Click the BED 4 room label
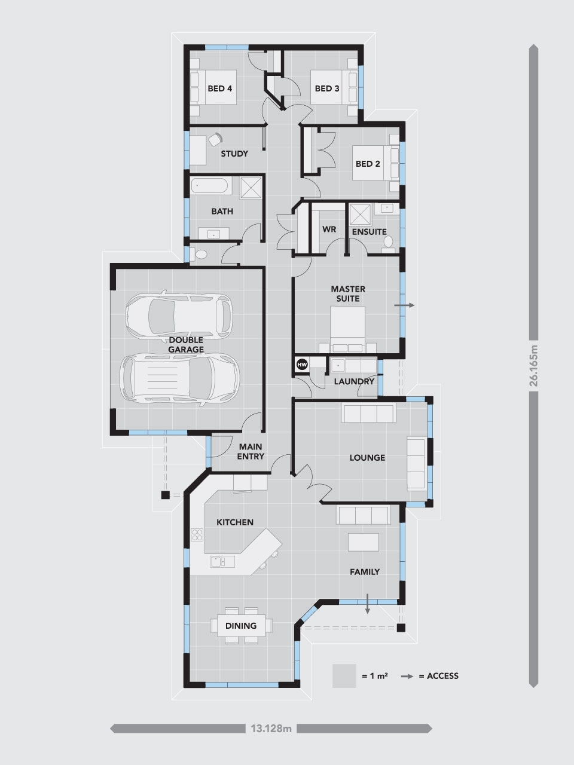pos(219,88)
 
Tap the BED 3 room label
pos(327,88)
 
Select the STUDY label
pos(234,154)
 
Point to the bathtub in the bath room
pos(211,186)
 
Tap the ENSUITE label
pos(369,231)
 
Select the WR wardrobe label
pos(329,229)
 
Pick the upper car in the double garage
pos(178,313)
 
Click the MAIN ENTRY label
pos(251,451)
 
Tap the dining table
pos(242,626)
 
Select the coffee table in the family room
pos(364,542)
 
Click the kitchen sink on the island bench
pos(217,561)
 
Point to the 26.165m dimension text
pos(534,366)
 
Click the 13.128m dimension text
pos(271,729)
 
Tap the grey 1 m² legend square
pos(344,676)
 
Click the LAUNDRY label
pos(354,381)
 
